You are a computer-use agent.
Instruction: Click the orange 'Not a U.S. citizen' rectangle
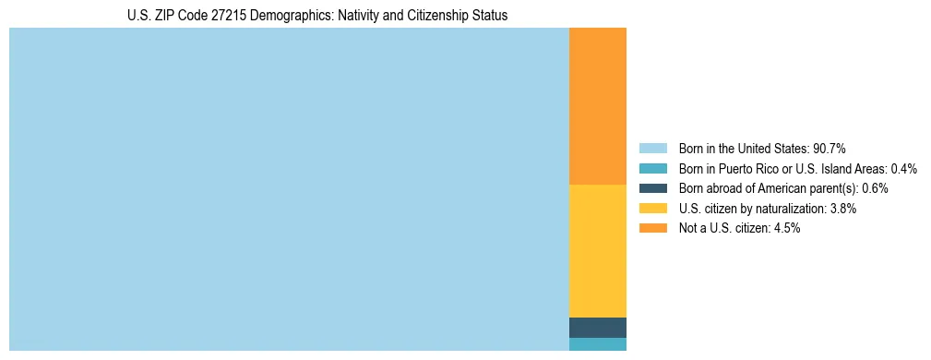[x=597, y=106]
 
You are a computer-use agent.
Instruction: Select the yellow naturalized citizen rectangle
[x=597, y=251]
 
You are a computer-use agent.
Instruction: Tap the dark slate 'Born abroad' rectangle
[x=597, y=328]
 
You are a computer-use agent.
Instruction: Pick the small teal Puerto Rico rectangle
[x=597, y=344]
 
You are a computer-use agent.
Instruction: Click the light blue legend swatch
[x=652, y=149]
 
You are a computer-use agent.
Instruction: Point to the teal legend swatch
[x=652, y=169]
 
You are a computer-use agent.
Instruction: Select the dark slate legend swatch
[x=652, y=188]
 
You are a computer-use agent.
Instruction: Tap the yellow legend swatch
[x=652, y=209]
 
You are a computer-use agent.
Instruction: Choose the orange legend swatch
[x=652, y=228]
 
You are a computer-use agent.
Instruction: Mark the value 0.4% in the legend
[x=904, y=169]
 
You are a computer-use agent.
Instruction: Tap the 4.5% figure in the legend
[x=785, y=228]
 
